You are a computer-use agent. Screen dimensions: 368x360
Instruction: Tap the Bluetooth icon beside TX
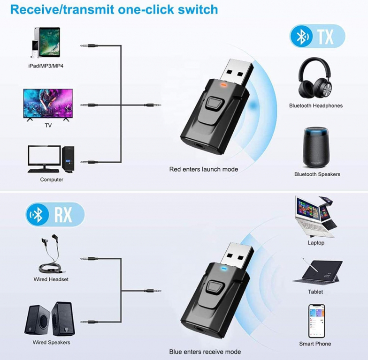(301, 36)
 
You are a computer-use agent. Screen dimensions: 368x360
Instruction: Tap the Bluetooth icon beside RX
(38, 215)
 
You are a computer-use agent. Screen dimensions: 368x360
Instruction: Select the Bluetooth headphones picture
(315, 78)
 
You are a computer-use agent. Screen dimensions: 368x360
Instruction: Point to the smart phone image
(316, 321)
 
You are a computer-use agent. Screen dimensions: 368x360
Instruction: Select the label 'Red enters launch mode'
(204, 169)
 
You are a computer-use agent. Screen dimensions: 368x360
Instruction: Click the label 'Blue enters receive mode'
(205, 352)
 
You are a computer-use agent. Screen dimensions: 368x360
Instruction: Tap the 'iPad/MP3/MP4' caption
(46, 66)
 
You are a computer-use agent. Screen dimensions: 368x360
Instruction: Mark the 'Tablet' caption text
(315, 292)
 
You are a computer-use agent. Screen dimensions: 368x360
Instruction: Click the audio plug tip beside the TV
(82, 105)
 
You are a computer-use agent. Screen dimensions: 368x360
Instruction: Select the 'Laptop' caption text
(316, 243)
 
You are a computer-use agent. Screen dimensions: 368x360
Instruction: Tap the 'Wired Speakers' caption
(52, 342)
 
